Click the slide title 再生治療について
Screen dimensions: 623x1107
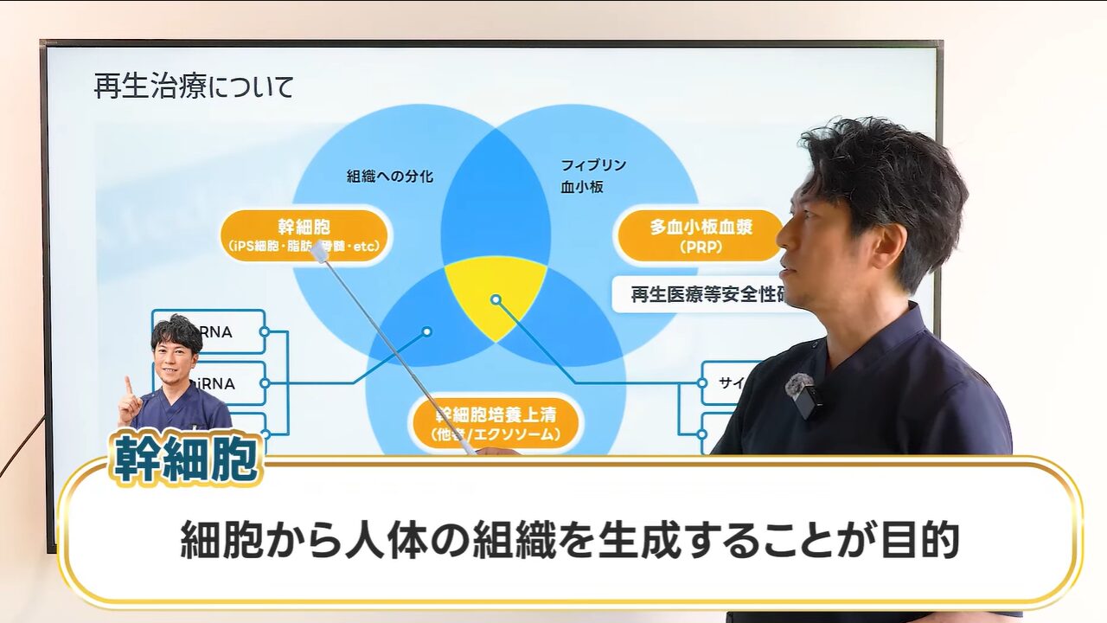[194, 87]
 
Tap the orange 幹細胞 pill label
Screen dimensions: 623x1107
[304, 235]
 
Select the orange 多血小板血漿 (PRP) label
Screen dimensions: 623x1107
[701, 235]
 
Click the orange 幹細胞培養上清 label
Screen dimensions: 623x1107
[496, 423]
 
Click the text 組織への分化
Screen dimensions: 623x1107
[390, 177]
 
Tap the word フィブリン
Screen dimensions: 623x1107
[593, 165]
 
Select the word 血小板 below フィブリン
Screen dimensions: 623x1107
[582, 187]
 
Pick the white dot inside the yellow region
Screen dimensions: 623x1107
[496, 299]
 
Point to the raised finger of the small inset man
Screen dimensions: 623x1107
[128, 383]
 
